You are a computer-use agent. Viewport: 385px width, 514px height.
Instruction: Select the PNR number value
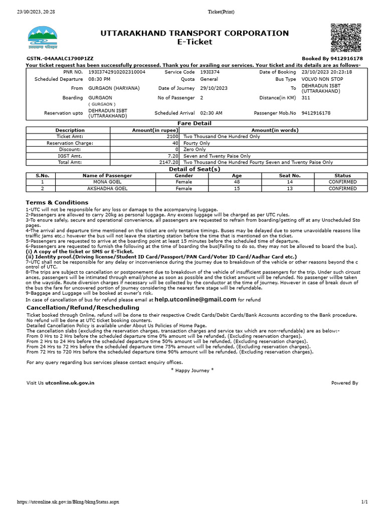[117, 72]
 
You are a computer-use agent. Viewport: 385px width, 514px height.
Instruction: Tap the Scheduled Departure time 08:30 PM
[99, 79]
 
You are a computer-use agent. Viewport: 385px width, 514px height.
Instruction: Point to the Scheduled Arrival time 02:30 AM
[211, 113]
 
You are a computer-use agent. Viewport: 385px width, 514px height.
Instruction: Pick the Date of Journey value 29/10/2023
[214, 88]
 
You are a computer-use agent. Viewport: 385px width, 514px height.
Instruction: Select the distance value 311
[306, 98]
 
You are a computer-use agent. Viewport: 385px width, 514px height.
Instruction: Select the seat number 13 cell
[289, 189]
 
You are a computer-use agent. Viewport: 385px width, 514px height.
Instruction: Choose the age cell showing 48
[237, 182]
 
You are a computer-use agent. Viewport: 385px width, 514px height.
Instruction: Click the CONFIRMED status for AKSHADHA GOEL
[342, 189]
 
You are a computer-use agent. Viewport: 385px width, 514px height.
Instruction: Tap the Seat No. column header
[289, 175]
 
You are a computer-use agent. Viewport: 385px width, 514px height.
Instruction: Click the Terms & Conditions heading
[57, 203]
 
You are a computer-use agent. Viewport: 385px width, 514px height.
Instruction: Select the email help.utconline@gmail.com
[195, 299]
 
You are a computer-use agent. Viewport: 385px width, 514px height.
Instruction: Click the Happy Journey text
[192, 370]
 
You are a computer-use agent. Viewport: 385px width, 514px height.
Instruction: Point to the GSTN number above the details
[60, 59]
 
